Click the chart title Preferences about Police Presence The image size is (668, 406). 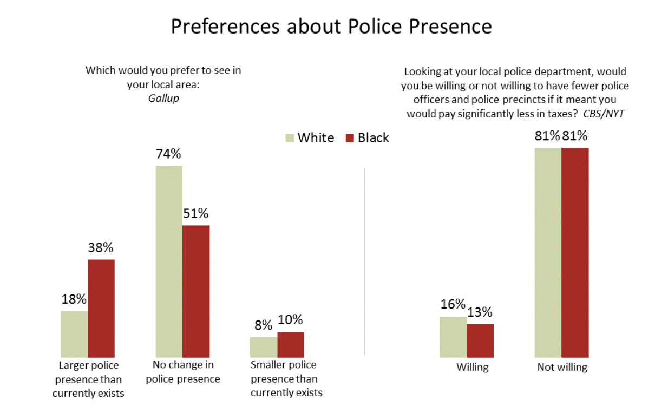click(x=331, y=27)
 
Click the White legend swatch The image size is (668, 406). click(x=290, y=137)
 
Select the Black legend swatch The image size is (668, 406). click(x=350, y=137)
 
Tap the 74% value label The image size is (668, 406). click(x=168, y=154)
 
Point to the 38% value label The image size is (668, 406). click(x=101, y=248)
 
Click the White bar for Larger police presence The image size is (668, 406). click(x=74, y=334)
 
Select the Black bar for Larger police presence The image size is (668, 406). click(x=101, y=308)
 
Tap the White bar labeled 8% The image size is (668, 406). click(x=264, y=347)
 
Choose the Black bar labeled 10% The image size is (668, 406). click(x=291, y=344)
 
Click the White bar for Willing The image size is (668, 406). click(x=453, y=337)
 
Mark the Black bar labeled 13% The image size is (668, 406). click(x=480, y=340)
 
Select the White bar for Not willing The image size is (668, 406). click(x=548, y=252)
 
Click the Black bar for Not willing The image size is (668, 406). click(x=575, y=252)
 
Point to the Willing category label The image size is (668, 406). click(x=472, y=367)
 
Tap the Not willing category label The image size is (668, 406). click(x=562, y=367)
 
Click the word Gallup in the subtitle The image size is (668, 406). click(x=163, y=99)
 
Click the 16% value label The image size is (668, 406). click(x=453, y=304)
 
